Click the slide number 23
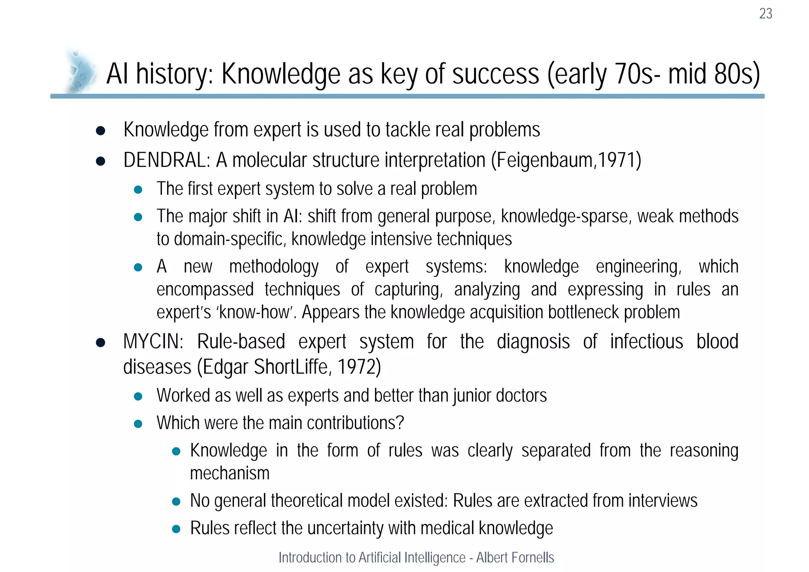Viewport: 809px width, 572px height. coord(766,14)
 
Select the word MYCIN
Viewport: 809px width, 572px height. coord(153,342)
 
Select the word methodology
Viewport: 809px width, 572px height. coord(274,267)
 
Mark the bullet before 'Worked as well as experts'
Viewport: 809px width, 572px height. coord(138,397)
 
